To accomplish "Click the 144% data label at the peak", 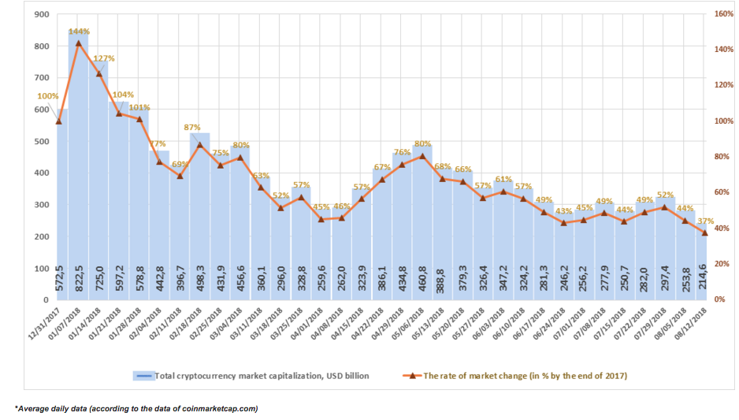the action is (79, 32).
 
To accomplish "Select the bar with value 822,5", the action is (78, 165).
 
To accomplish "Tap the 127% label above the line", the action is (104, 58).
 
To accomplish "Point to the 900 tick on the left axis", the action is (42, 15).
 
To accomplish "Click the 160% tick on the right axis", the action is (723, 14).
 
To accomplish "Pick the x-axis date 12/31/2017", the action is (45, 324).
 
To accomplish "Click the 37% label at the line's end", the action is (706, 221).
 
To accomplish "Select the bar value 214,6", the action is (700, 277).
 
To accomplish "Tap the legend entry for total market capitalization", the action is (251, 376).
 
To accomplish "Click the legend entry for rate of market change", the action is (515, 376).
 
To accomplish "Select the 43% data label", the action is (563, 211).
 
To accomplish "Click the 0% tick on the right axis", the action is (719, 299).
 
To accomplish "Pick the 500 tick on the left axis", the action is (42, 141).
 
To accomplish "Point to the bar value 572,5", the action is (59, 277).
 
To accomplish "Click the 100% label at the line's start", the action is (48, 96).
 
